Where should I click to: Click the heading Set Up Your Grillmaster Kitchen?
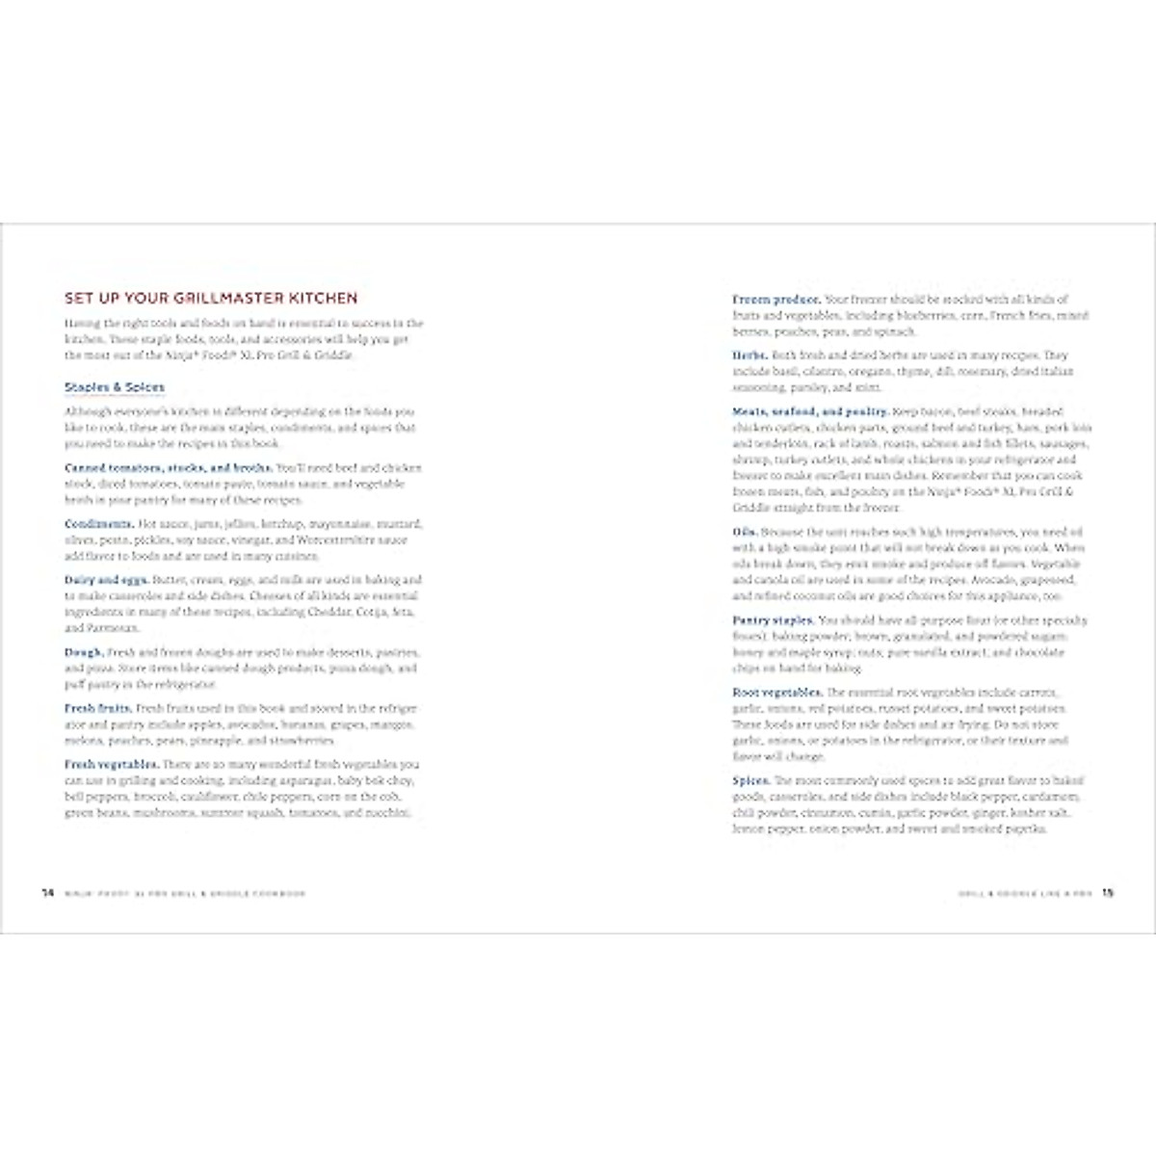(211, 299)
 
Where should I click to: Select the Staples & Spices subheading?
(115, 387)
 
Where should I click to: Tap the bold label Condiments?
(99, 524)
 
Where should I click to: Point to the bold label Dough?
(84, 652)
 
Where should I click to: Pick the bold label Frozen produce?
(776, 300)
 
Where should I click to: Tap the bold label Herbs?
(750, 355)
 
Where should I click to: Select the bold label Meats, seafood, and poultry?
(810, 411)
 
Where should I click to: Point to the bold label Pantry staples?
(773, 620)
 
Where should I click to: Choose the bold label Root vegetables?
(777, 693)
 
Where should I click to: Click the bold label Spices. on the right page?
(751, 781)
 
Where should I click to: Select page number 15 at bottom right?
(1108, 893)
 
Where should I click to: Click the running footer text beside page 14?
(185, 894)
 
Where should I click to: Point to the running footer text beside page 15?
(1025, 894)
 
